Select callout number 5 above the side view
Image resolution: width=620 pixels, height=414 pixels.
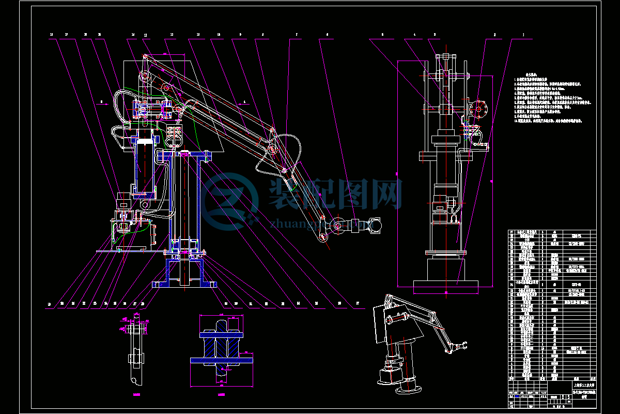(x=383, y=35)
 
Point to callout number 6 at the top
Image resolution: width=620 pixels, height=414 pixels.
(x=327, y=35)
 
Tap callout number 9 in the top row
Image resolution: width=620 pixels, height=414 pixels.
(x=240, y=35)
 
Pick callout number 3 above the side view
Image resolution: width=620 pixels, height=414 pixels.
(x=435, y=35)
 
